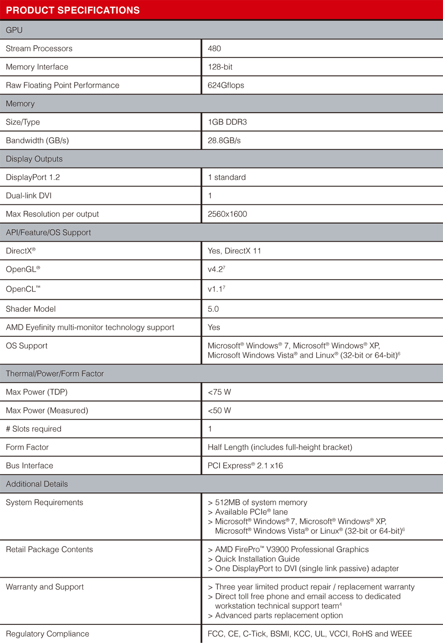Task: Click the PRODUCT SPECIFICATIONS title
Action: (73, 10)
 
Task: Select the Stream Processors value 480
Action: (214, 48)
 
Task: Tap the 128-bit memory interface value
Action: (220, 67)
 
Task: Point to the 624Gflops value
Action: (226, 85)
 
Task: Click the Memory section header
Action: (20, 104)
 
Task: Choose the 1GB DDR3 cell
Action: (227, 122)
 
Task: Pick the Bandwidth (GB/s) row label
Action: (37, 141)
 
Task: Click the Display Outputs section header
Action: (34, 159)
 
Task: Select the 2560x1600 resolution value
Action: (227, 214)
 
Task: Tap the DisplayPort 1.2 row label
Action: (33, 178)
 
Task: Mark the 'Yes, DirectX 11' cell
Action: (234, 251)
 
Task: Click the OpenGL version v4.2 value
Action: (216, 269)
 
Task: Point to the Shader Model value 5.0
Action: (213, 309)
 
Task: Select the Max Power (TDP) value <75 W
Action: (219, 392)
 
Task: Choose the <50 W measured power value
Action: (219, 410)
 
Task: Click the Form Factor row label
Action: (27, 447)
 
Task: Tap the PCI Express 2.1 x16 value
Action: (245, 466)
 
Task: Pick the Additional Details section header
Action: (37, 484)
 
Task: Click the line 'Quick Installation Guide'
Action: (257, 559)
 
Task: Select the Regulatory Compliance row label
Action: (48, 634)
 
